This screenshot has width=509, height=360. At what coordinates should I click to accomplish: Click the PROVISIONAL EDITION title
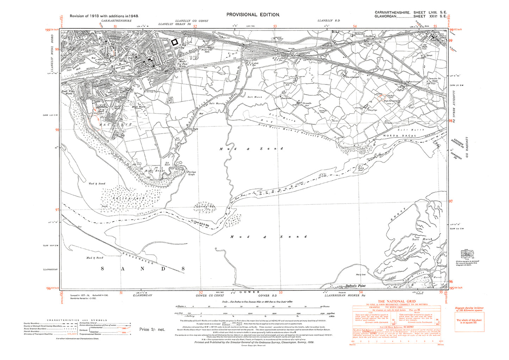[x=253, y=14]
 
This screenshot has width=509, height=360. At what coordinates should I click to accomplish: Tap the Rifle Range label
[x=155, y=171]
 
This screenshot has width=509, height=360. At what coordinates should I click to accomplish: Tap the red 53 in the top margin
[x=275, y=26]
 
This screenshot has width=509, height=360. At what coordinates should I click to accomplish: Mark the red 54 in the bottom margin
[x=360, y=292]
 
